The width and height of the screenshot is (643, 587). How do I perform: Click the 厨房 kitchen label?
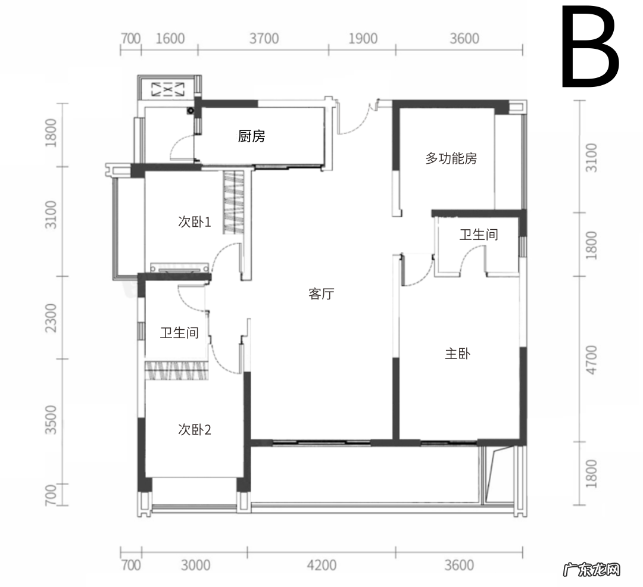(251, 136)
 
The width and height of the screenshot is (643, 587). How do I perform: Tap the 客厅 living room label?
(321, 293)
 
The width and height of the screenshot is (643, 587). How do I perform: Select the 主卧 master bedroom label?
(458, 354)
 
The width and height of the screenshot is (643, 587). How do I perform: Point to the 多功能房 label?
(451, 158)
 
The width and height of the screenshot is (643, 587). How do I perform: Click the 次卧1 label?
(194, 222)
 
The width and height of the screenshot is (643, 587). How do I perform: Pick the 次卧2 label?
(194, 430)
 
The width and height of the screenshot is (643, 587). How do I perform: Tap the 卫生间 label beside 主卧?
(479, 235)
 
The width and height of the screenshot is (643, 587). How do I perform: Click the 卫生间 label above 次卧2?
(179, 332)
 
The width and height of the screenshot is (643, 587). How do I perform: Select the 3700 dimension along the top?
(264, 39)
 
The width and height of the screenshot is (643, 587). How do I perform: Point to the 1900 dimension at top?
(363, 39)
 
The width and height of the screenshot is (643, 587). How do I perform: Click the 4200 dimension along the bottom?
(321, 566)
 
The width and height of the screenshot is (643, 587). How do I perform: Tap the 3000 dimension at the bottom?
(196, 566)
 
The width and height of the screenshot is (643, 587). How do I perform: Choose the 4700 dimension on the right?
(591, 360)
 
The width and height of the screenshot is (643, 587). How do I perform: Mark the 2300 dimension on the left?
(51, 318)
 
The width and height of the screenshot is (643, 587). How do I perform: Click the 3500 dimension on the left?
(51, 420)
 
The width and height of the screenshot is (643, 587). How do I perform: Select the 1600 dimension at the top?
(170, 39)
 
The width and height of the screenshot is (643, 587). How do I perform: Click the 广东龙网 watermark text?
(591, 569)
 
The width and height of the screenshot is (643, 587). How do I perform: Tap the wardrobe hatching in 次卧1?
(233, 202)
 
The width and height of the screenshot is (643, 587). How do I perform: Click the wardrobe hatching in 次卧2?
(177, 370)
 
